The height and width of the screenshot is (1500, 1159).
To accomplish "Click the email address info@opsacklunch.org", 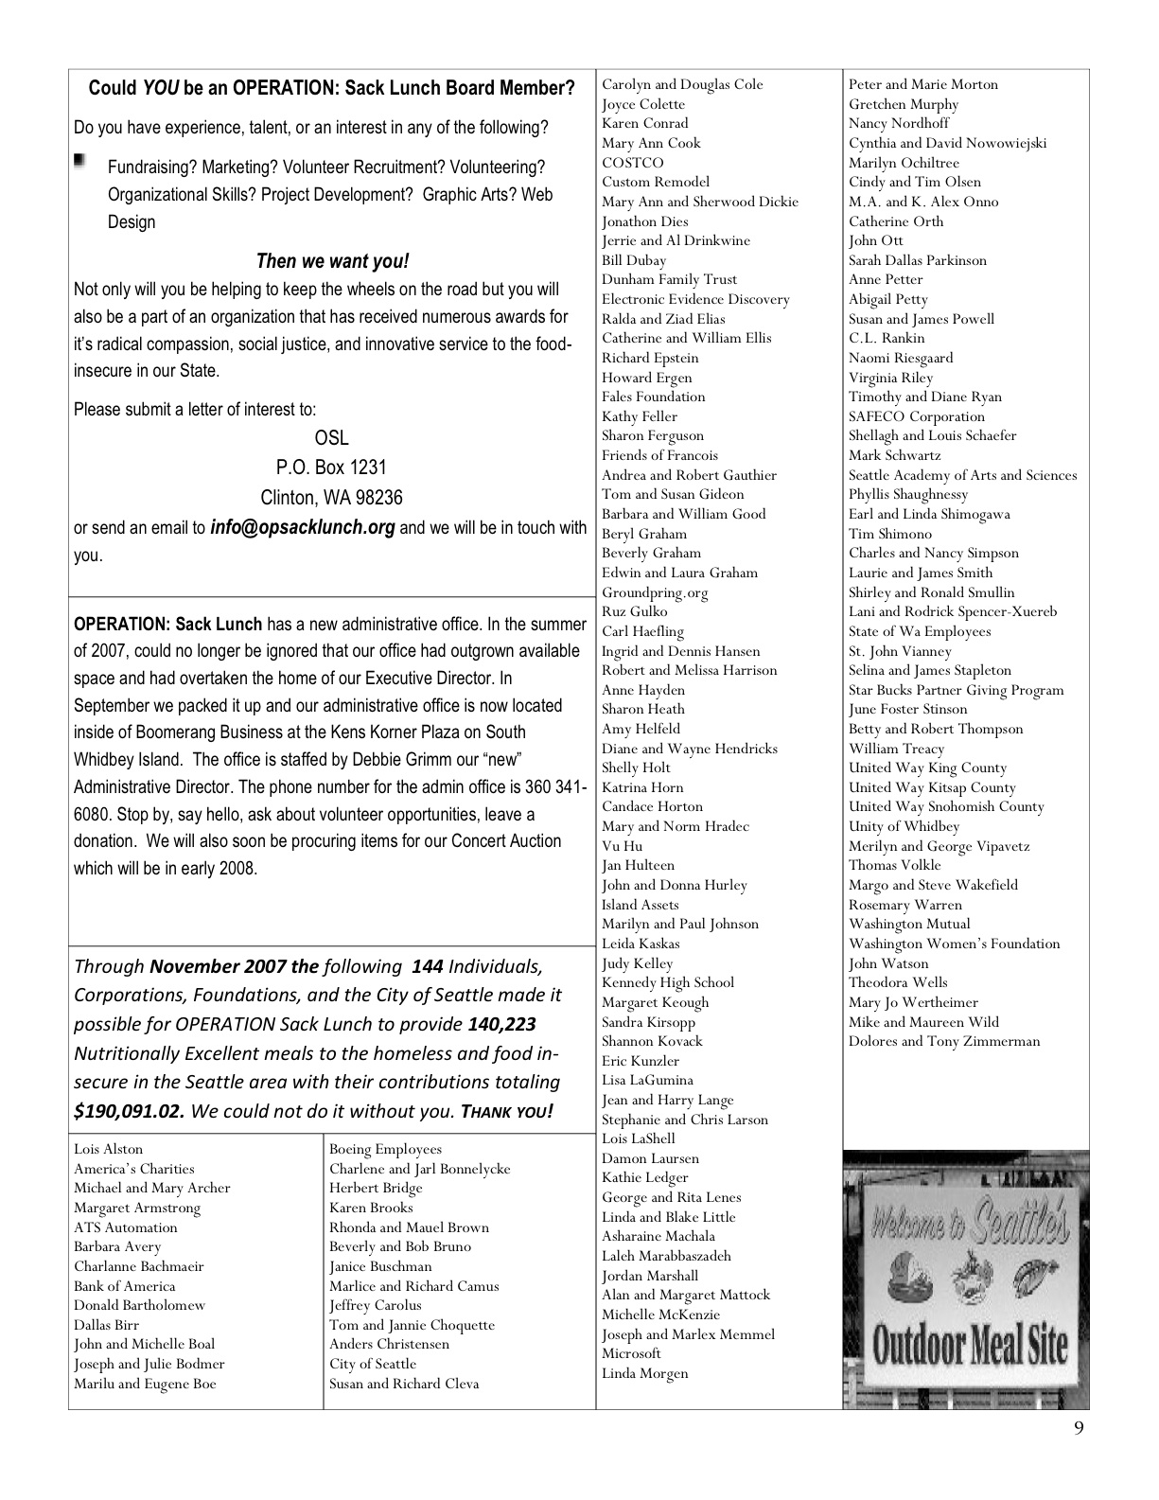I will pos(302,527).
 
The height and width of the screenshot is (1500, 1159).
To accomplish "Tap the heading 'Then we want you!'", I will pos(332,261).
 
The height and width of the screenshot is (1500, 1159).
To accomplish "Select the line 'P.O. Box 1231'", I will pos(331,468).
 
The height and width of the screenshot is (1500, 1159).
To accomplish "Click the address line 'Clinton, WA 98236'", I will pos(331,497).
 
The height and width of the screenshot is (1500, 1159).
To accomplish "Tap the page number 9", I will pos(1080,1428).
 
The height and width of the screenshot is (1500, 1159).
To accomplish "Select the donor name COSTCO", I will pos(633,163).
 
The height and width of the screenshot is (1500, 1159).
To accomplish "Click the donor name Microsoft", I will pos(631,1353).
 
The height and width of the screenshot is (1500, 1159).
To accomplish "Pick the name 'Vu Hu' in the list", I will pos(622,846).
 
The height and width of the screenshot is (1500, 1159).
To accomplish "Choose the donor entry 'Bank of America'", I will pos(125,1286).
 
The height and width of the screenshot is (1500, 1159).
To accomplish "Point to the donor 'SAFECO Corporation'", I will pos(916,416).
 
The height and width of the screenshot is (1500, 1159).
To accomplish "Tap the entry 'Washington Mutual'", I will pos(909,924).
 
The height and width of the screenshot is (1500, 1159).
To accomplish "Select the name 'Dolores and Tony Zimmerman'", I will pos(943,1041).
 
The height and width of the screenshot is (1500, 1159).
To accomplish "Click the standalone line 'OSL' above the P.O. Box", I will pos(331,438).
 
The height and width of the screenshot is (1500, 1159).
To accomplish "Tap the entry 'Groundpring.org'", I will pos(655,592).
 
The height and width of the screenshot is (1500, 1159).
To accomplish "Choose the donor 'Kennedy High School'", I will pos(667,982).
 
